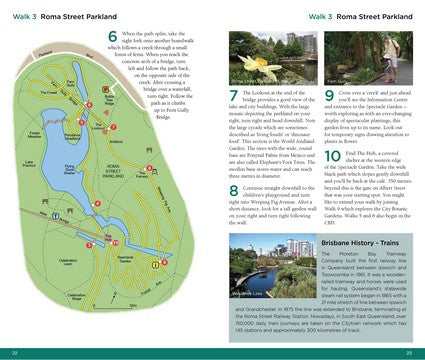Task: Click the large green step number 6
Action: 112,39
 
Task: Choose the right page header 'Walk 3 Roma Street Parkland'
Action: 363,17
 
